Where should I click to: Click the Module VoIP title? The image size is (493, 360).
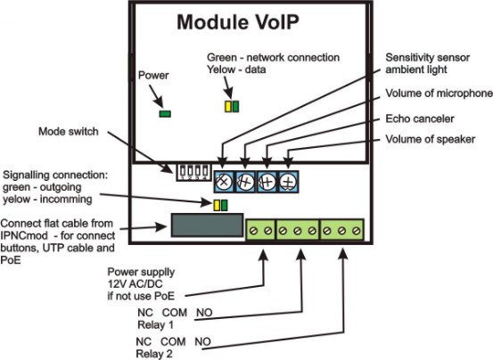click(x=238, y=22)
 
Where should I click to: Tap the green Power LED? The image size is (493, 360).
click(x=165, y=114)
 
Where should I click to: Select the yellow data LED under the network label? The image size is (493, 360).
click(x=228, y=107)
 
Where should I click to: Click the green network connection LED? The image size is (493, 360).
click(x=235, y=107)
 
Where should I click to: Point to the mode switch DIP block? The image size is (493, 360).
click(x=193, y=172)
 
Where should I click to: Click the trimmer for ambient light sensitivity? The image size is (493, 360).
click(x=224, y=182)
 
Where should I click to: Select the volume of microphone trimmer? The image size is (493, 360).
click(x=245, y=182)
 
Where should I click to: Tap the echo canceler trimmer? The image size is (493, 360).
click(x=267, y=182)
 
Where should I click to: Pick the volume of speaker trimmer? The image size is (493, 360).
click(x=288, y=182)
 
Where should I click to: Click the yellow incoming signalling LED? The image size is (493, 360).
click(x=217, y=205)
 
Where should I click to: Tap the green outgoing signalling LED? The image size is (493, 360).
click(x=224, y=205)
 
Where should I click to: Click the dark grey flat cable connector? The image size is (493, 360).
click(x=207, y=225)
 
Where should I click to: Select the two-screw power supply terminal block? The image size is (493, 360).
click(x=260, y=230)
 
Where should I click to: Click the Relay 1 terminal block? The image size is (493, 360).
click(x=298, y=230)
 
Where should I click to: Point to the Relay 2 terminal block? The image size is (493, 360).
click(x=341, y=230)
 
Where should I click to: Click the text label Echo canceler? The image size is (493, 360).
click(x=420, y=119)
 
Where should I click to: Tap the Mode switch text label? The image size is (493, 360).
click(x=69, y=131)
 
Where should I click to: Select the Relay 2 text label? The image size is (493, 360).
click(x=154, y=354)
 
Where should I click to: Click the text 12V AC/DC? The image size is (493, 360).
click(x=136, y=284)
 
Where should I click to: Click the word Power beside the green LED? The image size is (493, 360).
click(x=153, y=76)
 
